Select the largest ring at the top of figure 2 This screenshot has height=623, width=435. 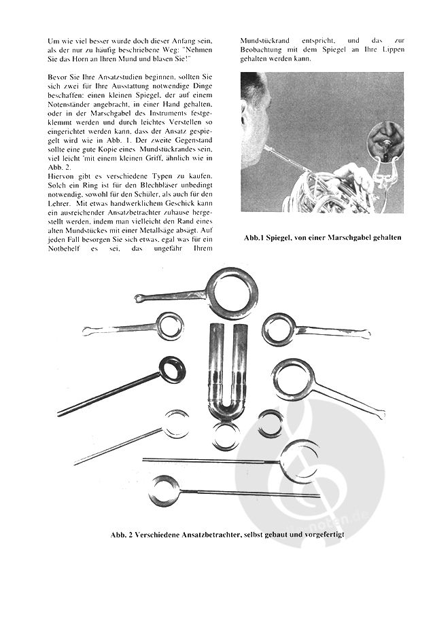pyautogui.click(x=232, y=292)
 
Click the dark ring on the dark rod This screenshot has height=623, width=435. pyautogui.click(x=172, y=370)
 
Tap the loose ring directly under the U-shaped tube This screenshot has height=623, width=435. pyautogui.click(x=226, y=435)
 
